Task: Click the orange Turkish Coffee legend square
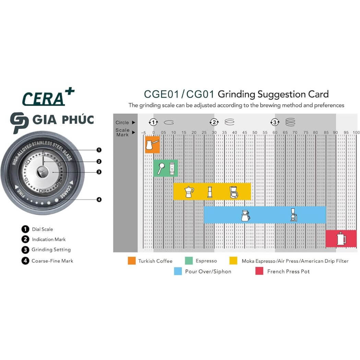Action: pyautogui.click(x=132, y=261)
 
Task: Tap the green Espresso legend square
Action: pyautogui.click(x=189, y=261)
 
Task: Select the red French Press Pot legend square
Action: pyautogui.click(x=259, y=271)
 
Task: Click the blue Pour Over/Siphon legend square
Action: pyautogui.click(x=178, y=271)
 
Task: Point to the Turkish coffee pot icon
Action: pyautogui.click(x=152, y=145)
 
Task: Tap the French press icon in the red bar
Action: pyautogui.click(x=341, y=239)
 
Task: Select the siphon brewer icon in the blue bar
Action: pyautogui.click(x=293, y=215)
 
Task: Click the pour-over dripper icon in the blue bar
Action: pyautogui.click(x=245, y=216)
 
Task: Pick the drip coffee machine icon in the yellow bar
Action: pyautogui.click(x=234, y=192)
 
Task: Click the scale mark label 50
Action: pyautogui.click(x=255, y=132)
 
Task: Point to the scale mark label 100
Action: pyautogui.click(x=356, y=132)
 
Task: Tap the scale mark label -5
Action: pyautogui.click(x=144, y=132)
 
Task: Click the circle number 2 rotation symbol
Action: pyautogui.click(x=214, y=122)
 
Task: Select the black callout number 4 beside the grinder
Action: pyautogui.click(x=99, y=200)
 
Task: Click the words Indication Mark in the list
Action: pyautogui.click(x=49, y=239)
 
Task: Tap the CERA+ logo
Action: pyautogui.click(x=48, y=97)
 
